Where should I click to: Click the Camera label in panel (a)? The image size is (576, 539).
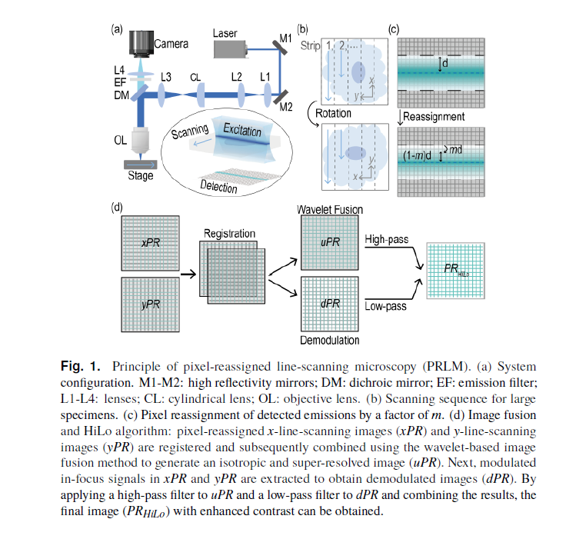171,44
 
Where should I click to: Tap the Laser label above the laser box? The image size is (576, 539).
225,33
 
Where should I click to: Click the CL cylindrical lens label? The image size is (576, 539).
195,78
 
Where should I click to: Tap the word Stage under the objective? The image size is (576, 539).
140,175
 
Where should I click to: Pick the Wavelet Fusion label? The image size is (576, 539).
330,209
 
